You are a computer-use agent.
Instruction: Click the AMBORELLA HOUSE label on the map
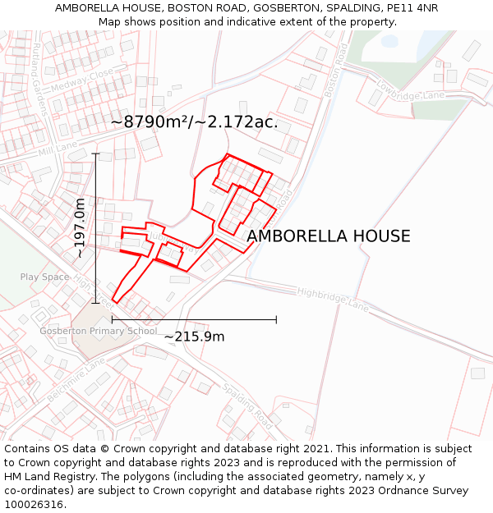329,236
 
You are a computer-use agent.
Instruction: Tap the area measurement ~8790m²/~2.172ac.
194,122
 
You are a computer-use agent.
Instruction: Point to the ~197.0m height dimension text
80,228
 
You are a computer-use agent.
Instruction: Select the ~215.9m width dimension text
194,337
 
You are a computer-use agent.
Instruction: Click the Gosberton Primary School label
98,332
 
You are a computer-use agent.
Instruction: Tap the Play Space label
44,277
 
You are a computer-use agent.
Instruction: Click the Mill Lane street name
57,147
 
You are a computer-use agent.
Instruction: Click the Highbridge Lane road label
333,299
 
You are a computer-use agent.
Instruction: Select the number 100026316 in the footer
35,505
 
